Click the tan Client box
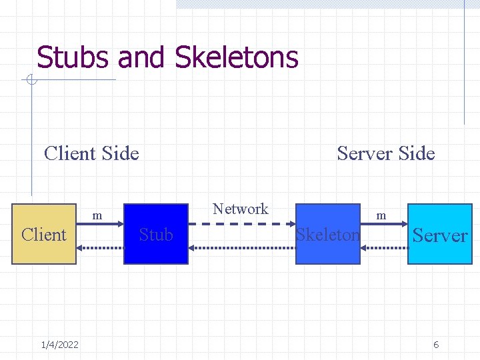pyautogui.click(x=44, y=234)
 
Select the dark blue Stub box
pyautogui.click(x=156, y=234)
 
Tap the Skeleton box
pyautogui.click(x=327, y=234)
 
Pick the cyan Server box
pyautogui.click(x=439, y=234)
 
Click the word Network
pyautogui.click(x=240, y=209)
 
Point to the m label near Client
pyautogui.click(x=97, y=215)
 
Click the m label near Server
pyautogui.click(x=381, y=215)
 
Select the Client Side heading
pyautogui.click(x=91, y=153)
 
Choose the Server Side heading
pyautogui.click(x=385, y=153)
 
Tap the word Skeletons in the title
pyautogui.click(x=236, y=57)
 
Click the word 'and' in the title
pyautogui.click(x=143, y=57)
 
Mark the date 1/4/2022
pyautogui.click(x=59, y=344)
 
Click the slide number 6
pyautogui.click(x=436, y=344)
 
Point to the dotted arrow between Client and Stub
pyautogui.click(x=101, y=246)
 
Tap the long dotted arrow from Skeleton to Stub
pyautogui.click(x=241, y=246)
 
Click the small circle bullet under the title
pyautogui.click(x=31, y=81)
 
